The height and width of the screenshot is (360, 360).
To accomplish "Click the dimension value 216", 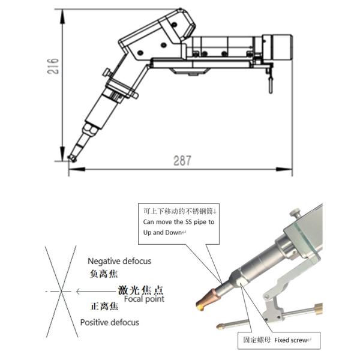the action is point(53,66).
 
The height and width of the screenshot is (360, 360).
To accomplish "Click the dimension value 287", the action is point(182,161).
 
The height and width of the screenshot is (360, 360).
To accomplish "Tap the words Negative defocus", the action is point(119,261).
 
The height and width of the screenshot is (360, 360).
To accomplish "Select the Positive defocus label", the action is point(110,322).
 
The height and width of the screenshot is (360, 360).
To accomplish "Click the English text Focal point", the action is point(144,299).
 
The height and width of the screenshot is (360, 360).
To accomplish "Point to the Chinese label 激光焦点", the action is point(140,290).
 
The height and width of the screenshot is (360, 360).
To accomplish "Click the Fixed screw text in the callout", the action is point(290,340).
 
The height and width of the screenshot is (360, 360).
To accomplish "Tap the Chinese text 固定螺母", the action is point(257,340).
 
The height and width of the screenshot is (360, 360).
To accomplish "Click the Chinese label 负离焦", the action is point(104,274).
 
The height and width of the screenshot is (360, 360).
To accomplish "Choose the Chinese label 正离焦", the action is point(104,306).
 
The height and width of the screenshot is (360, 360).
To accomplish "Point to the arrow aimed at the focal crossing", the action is point(96,292).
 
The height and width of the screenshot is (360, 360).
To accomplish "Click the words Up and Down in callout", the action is point(163,233).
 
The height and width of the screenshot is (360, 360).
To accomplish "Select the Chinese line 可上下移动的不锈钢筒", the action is point(178,211).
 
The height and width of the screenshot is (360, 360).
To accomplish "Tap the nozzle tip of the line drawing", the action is point(72,158).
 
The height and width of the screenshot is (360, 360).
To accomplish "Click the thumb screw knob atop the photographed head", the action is point(295,212).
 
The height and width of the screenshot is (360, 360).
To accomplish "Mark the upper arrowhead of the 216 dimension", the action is point(62,17).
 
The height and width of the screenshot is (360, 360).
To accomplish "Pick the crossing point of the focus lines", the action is point(61,292).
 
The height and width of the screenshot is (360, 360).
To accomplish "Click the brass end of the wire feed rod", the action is point(318,308).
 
